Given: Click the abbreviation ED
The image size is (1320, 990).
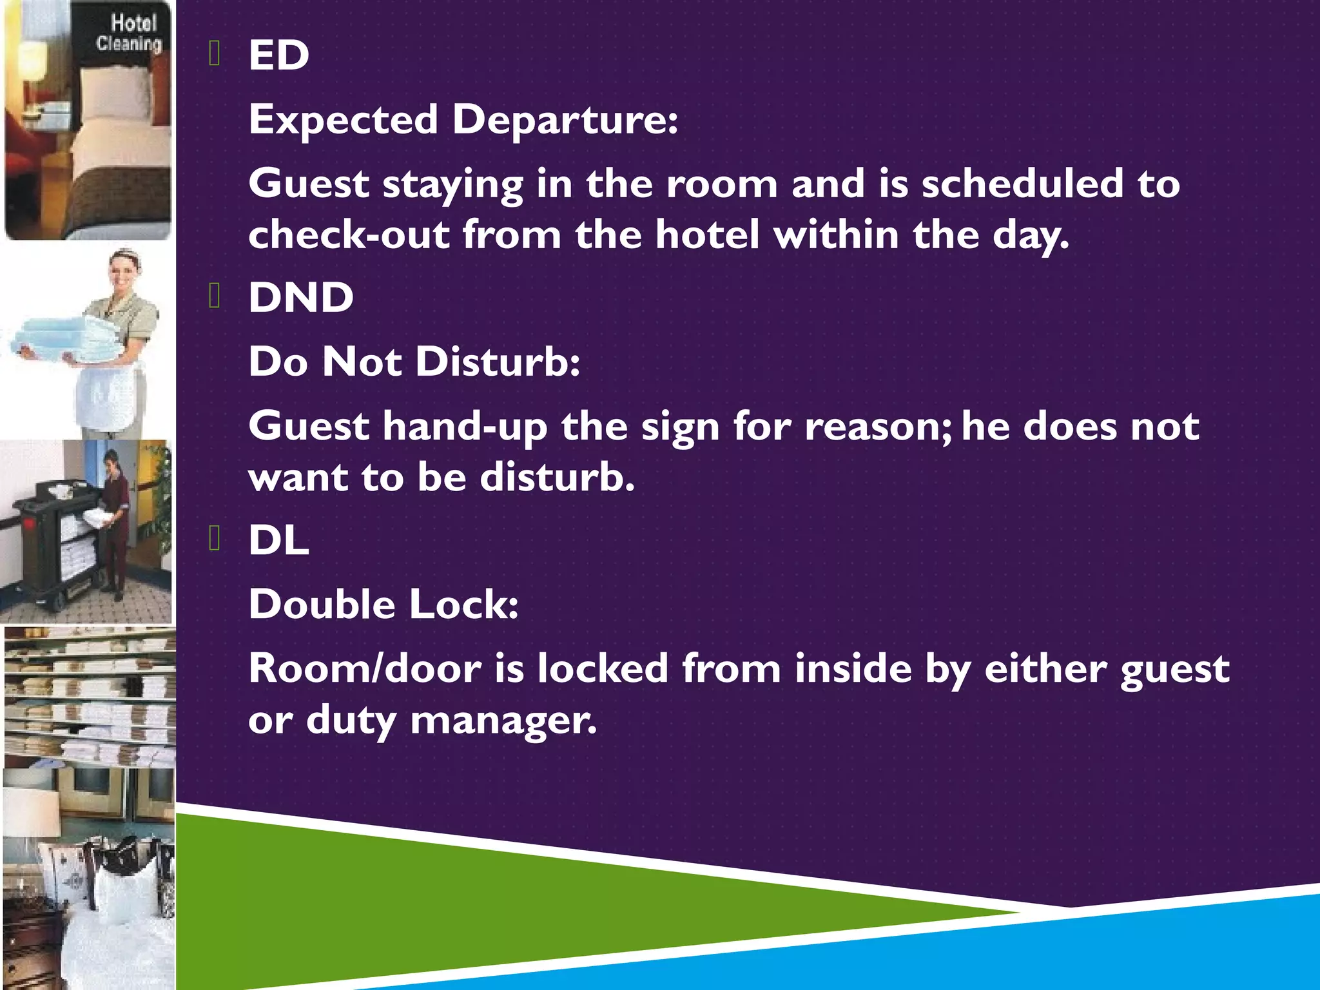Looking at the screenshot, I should tap(278, 55).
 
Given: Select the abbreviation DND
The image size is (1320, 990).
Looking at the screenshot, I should tap(301, 298).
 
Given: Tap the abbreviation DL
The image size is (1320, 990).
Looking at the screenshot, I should tap(278, 540).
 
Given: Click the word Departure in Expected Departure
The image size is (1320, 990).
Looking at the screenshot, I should tap(565, 120).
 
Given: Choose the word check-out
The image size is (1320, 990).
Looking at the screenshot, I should tap(349, 235).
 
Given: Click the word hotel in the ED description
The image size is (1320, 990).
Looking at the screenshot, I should tap(708, 235).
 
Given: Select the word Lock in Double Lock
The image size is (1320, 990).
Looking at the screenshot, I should tap(463, 605).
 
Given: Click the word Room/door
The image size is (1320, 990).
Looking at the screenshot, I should tap(365, 668).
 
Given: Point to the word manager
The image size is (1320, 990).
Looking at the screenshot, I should tap(503, 720).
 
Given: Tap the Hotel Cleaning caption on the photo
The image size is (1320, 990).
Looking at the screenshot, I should tap(129, 34).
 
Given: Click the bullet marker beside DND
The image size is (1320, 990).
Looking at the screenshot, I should tap(215, 296).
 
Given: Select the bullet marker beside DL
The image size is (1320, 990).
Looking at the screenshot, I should tap(215, 539).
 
